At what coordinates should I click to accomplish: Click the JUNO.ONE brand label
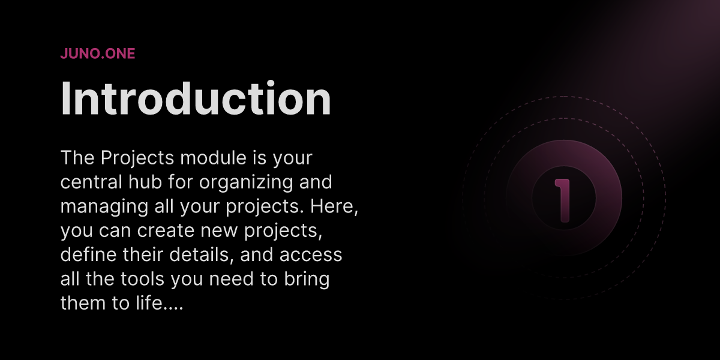(98, 53)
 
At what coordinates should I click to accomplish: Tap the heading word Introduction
(196, 98)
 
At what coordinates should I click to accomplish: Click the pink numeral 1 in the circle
(563, 200)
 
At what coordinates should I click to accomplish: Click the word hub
(145, 182)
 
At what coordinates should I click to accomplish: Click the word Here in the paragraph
(332, 206)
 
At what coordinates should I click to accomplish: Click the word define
(88, 254)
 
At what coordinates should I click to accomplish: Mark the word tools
(142, 278)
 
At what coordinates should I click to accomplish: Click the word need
(231, 278)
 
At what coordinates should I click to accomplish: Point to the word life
(149, 303)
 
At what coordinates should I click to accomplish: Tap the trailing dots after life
(173, 308)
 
